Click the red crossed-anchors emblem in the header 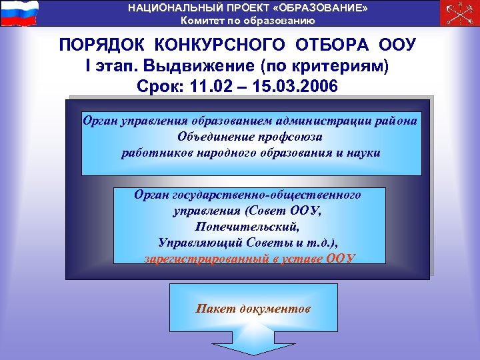pos(459,13)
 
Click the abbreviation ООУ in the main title pos(397,46)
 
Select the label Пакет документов pos(253,309)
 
